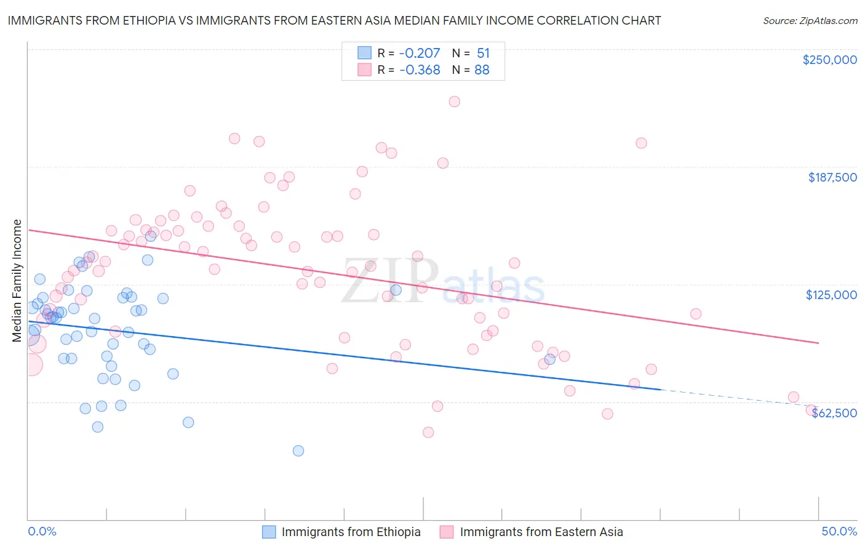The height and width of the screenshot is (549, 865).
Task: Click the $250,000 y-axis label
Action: point(829,60)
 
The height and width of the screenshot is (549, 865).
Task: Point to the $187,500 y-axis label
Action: point(832,177)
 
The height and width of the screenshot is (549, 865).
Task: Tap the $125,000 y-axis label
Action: point(831,295)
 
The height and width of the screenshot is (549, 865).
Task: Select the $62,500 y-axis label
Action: point(834,413)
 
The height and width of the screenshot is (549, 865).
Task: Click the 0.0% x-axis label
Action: point(42,531)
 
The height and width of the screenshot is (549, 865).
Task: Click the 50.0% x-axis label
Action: point(839,531)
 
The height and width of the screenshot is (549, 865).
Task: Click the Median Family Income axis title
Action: point(17,281)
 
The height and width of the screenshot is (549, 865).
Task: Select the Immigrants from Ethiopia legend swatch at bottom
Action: point(269,532)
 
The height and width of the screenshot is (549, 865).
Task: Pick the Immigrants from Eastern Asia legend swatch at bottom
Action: point(447,532)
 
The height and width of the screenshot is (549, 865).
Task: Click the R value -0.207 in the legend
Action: point(420,54)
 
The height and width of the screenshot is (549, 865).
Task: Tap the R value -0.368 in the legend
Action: point(420,70)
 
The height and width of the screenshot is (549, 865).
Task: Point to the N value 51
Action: point(483,54)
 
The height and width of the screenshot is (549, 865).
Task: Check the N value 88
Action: point(482,70)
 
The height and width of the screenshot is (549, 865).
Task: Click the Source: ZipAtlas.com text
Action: point(810,20)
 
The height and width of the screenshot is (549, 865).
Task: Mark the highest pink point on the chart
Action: point(454,102)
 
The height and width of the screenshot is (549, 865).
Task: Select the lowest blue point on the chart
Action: point(298,451)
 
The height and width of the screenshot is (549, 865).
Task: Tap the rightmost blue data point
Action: point(550,359)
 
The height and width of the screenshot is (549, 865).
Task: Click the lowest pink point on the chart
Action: point(428,432)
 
